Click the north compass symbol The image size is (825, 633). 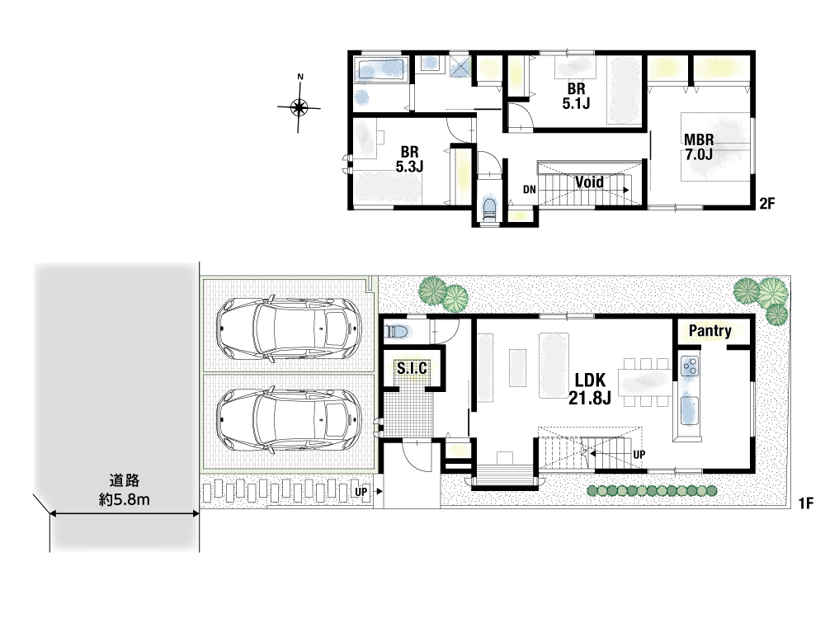(299, 107)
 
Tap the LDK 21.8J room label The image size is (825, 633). (590, 389)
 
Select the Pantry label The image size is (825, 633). (709, 330)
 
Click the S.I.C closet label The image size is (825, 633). (412, 368)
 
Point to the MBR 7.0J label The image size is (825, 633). (699, 147)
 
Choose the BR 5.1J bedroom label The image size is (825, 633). (576, 97)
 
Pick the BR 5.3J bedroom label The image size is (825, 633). (410, 159)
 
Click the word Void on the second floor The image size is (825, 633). (589, 182)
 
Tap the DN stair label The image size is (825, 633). (530, 190)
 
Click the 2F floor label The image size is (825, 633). (767, 203)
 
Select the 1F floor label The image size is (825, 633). (805, 503)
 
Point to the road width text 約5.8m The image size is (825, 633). (125, 499)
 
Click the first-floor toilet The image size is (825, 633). (397, 332)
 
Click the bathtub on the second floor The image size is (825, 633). (380, 69)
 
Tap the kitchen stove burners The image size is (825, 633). (690, 366)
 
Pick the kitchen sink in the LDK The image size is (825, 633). (690, 410)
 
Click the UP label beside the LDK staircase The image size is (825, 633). (639, 454)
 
